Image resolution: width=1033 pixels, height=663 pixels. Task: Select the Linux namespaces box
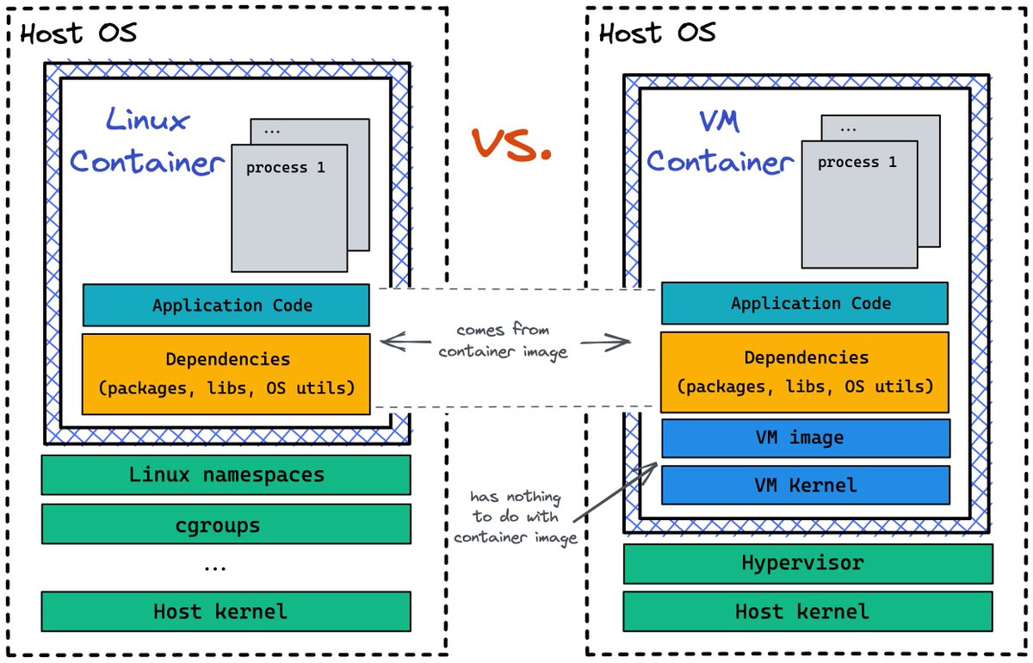pyautogui.click(x=226, y=474)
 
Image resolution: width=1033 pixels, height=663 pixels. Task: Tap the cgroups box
pyautogui.click(x=226, y=524)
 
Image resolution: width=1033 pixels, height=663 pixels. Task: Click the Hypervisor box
pyautogui.click(x=807, y=564)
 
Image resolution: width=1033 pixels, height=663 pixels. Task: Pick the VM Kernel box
pyautogui.click(x=805, y=485)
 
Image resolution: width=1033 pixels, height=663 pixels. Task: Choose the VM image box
pyautogui.click(x=805, y=438)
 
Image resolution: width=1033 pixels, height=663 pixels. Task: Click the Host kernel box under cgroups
pyautogui.click(x=226, y=611)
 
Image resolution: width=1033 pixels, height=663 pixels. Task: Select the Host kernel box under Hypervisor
pyautogui.click(x=807, y=611)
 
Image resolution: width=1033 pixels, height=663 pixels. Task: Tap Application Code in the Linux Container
pyautogui.click(x=226, y=306)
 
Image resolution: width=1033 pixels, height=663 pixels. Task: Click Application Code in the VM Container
pyautogui.click(x=805, y=303)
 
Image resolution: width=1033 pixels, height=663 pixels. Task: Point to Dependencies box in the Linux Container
pyautogui.click(x=226, y=374)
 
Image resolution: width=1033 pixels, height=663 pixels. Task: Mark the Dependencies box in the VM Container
pyautogui.click(x=805, y=372)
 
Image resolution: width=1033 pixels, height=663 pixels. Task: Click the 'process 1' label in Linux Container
pyautogui.click(x=285, y=168)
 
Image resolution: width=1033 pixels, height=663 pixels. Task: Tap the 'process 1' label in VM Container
pyautogui.click(x=857, y=162)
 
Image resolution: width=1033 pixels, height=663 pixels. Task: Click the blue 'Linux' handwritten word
pyautogui.click(x=146, y=121)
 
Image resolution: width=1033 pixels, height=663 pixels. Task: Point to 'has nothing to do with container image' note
pyautogui.click(x=515, y=517)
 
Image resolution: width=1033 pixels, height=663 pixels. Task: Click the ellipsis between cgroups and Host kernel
pyautogui.click(x=215, y=567)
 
